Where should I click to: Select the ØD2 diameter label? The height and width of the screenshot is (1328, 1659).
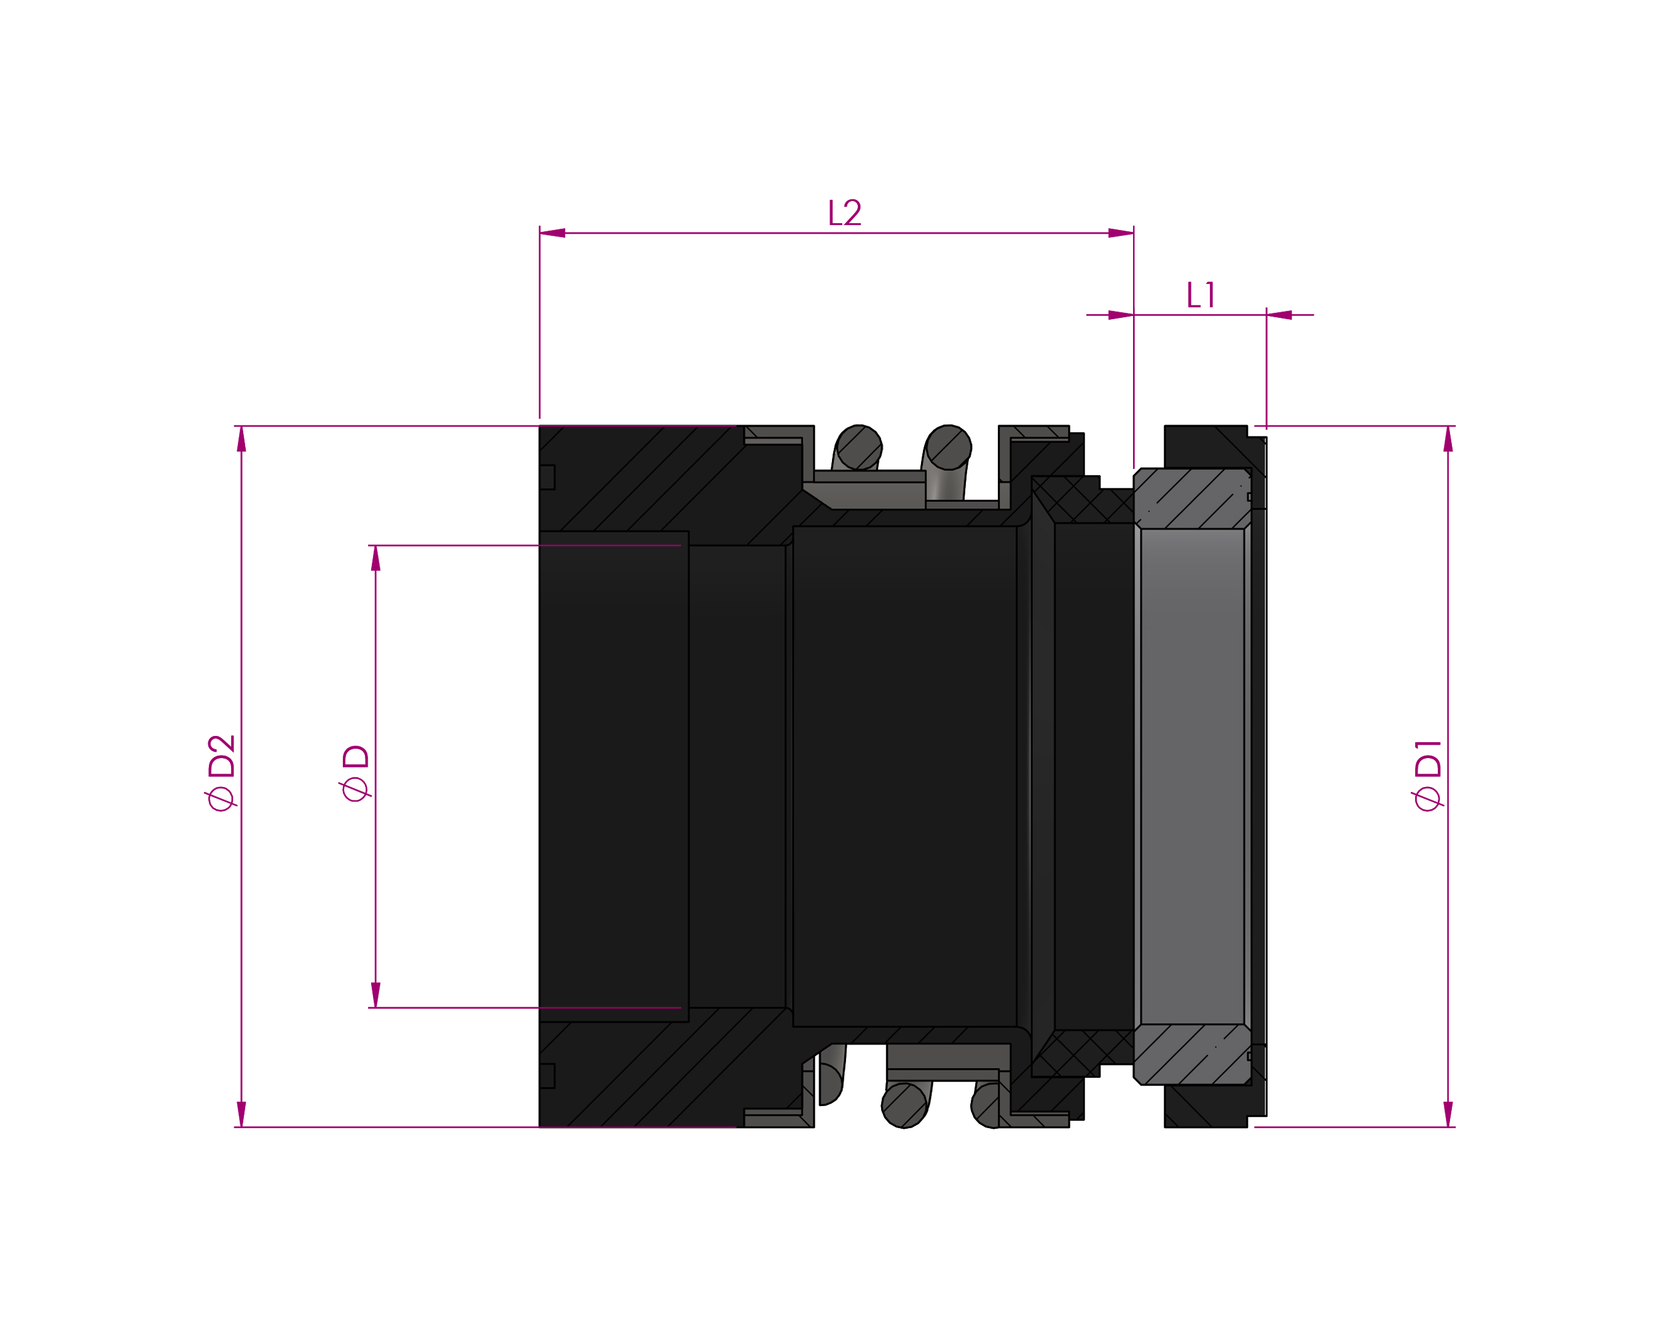point(220,772)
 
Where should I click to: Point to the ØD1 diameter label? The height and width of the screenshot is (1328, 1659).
point(1427,775)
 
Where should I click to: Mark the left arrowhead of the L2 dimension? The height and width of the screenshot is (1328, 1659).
point(552,232)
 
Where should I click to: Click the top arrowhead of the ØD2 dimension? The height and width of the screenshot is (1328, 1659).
point(241,439)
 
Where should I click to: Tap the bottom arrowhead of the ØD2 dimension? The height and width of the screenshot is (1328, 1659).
point(241,1114)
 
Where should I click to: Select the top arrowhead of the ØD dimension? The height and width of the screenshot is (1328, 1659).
point(375,558)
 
